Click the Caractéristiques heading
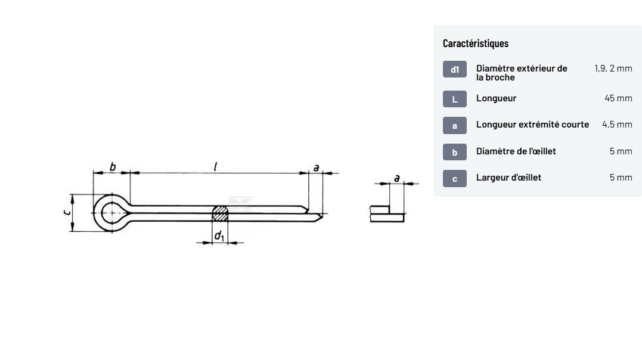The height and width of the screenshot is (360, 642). click(x=475, y=44)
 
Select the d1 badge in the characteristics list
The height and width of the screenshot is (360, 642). click(x=454, y=70)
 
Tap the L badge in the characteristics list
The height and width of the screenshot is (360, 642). click(x=454, y=99)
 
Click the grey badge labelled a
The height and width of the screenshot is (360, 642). click(x=454, y=125)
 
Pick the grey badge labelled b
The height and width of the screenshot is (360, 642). click(x=454, y=152)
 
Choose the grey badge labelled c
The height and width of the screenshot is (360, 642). click(x=454, y=178)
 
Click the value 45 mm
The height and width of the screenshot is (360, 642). click(x=618, y=98)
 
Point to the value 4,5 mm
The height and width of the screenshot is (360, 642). click(x=617, y=125)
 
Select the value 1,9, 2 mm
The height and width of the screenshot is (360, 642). click(x=613, y=69)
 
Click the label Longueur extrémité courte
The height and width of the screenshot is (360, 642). click(x=532, y=125)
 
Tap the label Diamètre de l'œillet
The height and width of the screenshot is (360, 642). click(x=516, y=151)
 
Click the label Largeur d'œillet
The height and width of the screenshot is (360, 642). click(x=508, y=178)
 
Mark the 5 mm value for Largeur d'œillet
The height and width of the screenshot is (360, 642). click(x=621, y=178)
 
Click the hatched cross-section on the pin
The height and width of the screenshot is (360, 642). click(x=220, y=213)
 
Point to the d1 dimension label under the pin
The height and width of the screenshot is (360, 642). click(x=219, y=237)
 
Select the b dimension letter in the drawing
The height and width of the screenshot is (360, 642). click(x=113, y=166)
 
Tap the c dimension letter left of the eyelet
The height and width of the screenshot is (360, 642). click(x=67, y=212)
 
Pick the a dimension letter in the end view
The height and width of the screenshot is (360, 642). click(x=396, y=178)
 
